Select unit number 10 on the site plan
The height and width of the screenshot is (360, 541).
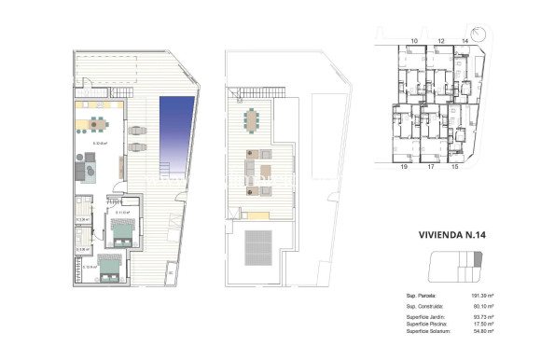tap(413, 42)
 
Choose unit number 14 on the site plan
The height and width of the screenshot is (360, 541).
tap(465, 42)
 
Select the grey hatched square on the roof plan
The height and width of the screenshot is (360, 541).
tap(257, 248)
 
